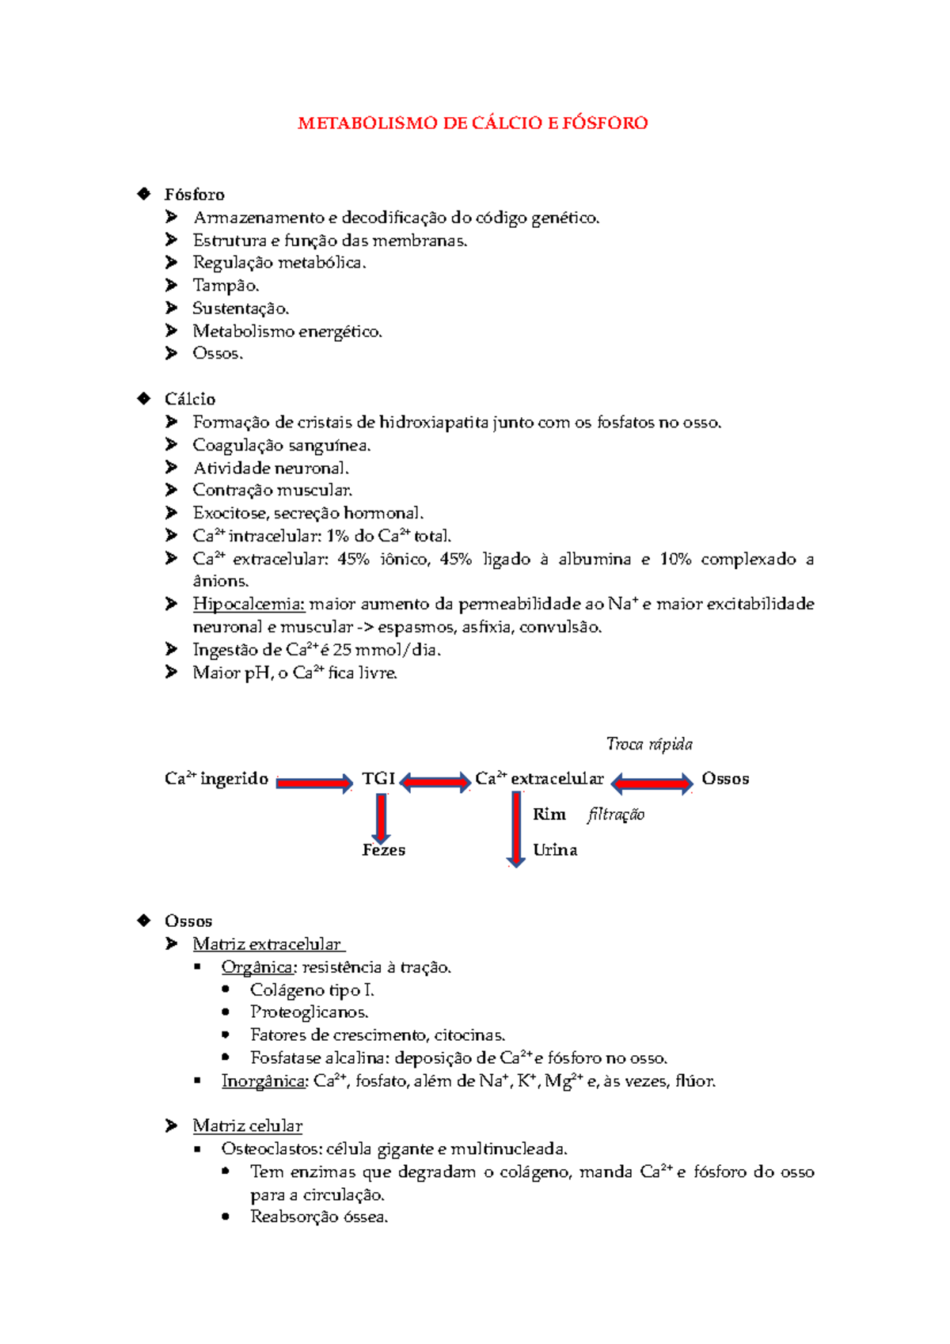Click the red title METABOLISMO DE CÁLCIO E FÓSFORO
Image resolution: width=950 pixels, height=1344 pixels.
click(x=473, y=123)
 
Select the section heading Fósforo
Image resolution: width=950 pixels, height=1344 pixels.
click(x=194, y=195)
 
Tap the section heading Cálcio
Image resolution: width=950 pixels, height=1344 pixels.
click(x=190, y=399)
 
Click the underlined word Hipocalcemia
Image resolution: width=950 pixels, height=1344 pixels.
click(x=249, y=604)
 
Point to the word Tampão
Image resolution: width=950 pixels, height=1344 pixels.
click(x=226, y=286)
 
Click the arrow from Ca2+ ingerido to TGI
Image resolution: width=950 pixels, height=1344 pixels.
click(x=314, y=783)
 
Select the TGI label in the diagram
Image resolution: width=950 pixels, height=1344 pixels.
click(x=378, y=779)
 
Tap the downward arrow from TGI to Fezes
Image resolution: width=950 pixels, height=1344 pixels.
click(x=381, y=818)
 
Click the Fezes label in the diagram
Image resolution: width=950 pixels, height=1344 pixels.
click(x=384, y=850)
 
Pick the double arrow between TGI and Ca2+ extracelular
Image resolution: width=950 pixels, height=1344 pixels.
click(x=435, y=783)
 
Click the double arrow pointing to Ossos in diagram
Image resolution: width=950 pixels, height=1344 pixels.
click(x=652, y=784)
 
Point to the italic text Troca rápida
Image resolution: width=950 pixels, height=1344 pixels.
click(x=649, y=744)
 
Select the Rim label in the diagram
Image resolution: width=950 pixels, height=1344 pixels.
click(x=549, y=814)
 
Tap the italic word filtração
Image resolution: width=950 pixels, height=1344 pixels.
click(x=616, y=814)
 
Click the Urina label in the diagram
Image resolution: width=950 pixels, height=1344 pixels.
click(x=555, y=850)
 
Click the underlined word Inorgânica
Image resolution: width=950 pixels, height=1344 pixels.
click(x=264, y=1081)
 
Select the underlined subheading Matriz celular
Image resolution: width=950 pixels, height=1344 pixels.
click(x=247, y=1126)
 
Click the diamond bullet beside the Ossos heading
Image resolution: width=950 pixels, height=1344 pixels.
click(x=144, y=920)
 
